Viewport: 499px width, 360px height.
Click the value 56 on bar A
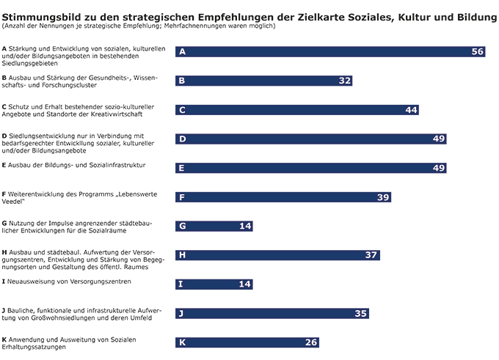pos(478,52)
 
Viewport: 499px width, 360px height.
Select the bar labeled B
pos(264,81)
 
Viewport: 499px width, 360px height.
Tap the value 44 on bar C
pos(411,110)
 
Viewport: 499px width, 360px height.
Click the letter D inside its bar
pos(182,139)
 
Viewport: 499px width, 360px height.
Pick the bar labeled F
pos(283,197)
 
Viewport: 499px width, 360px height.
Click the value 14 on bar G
pos(245,226)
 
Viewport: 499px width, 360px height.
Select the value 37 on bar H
pos(371,255)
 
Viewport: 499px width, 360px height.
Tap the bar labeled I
pos(214,284)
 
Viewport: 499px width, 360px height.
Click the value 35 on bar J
pos(360,313)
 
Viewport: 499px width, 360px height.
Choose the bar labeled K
pos(248,342)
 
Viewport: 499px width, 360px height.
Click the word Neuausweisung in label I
pos(32,281)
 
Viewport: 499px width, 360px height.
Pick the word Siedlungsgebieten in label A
pos(30,63)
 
